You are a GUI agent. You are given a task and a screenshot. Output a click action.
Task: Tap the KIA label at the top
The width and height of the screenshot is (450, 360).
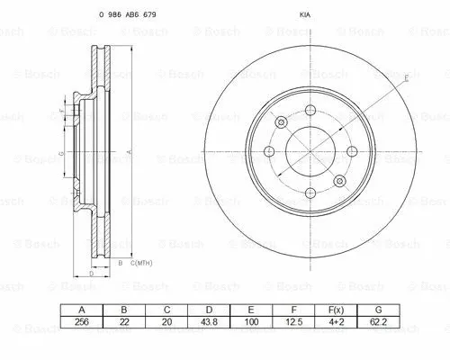(x=304, y=15)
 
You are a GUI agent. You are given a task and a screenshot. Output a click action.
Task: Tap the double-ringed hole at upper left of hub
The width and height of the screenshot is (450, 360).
(x=281, y=122)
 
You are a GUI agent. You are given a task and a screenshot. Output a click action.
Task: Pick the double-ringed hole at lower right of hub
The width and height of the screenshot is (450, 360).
(x=339, y=183)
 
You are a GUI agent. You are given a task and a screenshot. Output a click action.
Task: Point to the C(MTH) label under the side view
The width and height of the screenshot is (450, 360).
(x=139, y=262)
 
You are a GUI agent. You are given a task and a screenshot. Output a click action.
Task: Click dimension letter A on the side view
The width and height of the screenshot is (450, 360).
(x=131, y=153)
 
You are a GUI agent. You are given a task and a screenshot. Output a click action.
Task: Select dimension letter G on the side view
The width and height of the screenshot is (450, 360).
(x=60, y=155)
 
